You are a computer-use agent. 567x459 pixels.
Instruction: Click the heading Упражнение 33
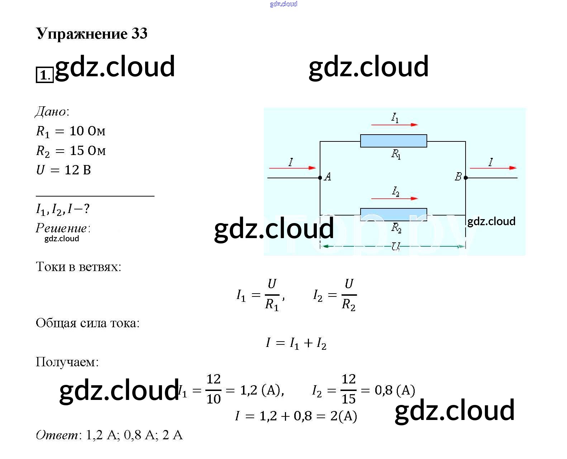pos(92,34)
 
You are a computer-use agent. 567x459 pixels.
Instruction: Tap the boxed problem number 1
pos(44,75)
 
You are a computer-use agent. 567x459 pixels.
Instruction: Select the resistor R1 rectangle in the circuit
pos(393,141)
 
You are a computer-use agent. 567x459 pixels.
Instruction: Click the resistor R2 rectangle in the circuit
pos(393,214)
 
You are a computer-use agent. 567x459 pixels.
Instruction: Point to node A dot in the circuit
pos(320,178)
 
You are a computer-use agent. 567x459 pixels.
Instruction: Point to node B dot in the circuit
pos(466,178)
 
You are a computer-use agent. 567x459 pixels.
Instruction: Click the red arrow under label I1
pos(394,125)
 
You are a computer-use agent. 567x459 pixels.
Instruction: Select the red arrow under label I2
pos(394,198)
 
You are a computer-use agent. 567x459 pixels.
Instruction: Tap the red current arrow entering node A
pos(292,168)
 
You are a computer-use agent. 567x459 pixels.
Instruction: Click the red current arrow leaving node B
pos(493,168)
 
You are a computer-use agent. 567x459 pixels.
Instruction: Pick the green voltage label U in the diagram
pos(395,246)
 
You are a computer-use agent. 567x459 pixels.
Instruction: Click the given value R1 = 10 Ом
pos(71,131)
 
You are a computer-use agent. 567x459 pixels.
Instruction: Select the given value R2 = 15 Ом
pos(71,151)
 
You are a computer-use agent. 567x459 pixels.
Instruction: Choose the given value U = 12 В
pos(63,170)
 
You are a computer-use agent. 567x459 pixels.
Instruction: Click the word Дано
pos(51,112)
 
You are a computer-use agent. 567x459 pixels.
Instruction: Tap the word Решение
pos(62,228)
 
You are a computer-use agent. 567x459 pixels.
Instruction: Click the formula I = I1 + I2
pos(296,343)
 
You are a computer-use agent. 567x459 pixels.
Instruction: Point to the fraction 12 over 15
pos(348,389)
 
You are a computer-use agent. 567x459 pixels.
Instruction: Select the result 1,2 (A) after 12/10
pos(262,390)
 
